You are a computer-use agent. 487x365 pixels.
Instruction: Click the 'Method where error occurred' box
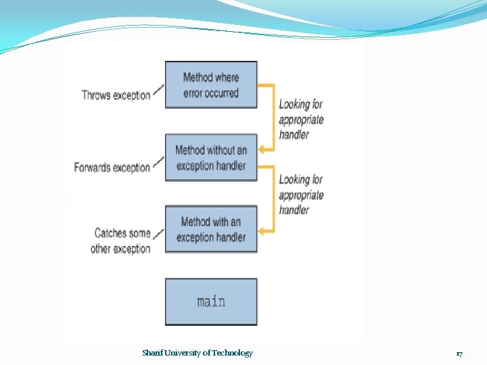[211, 85]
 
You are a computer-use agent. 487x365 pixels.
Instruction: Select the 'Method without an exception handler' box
[211, 157]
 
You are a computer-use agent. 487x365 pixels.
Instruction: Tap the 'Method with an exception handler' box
[211, 229]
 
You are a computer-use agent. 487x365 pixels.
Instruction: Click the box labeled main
[211, 301]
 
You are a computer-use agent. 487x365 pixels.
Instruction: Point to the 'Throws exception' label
[116, 95]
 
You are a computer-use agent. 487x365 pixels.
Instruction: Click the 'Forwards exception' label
[112, 168]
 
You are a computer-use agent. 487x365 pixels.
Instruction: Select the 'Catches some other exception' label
[122, 241]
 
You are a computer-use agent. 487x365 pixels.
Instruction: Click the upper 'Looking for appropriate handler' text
[301, 119]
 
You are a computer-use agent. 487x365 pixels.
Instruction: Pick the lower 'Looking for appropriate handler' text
[301, 195]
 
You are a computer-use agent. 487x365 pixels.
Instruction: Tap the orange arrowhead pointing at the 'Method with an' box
[263, 230]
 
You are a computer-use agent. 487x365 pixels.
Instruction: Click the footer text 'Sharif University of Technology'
[198, 353]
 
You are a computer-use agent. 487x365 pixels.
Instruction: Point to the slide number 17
[459, 354]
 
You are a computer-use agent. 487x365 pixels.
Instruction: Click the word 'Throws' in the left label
[96, 95]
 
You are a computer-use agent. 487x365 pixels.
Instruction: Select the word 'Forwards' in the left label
[93, 168]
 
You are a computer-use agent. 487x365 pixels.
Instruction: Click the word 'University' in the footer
[186, 353]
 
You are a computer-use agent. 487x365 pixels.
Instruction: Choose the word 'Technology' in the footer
[233, 353]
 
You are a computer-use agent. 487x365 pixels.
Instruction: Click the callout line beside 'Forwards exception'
[158, 162]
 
